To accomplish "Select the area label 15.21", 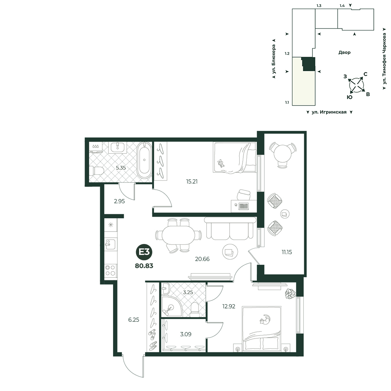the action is (192, 181).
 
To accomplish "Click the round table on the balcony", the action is (283, 154).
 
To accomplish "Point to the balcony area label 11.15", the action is (287, 252).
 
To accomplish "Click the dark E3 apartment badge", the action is (144, 252).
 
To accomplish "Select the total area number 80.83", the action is (144, 266).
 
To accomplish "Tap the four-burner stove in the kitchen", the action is (111, 271).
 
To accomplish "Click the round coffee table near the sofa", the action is (230, 252).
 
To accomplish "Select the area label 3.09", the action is (186, 334).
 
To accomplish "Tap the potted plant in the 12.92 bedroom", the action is (290, 293).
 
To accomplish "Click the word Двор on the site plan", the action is (344, 52).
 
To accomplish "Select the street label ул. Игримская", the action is (329, 112).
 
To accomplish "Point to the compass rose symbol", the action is (357, 85).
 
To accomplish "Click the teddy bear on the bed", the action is (221, 163).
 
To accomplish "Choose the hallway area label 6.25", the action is (134, 320).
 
